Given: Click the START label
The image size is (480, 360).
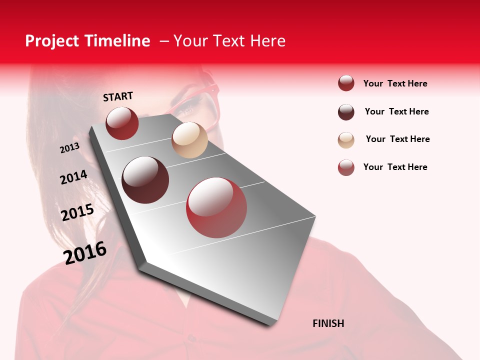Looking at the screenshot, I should (118, 96).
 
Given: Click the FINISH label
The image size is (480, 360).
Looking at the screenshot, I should (328, 323).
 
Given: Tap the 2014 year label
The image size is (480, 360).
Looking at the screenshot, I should (73, 177).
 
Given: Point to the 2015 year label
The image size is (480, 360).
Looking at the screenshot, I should (77, 212).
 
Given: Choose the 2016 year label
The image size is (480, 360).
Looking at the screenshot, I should (85, 252).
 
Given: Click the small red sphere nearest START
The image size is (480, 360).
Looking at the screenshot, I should (122, 123).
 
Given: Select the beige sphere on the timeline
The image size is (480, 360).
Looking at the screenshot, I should (189, 140).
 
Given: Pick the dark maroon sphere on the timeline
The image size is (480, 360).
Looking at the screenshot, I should (145, 180).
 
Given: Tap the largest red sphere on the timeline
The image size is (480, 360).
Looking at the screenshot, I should (216, 207).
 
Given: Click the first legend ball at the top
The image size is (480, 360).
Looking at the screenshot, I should (346, 83).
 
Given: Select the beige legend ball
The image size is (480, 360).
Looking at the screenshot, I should (346, 140).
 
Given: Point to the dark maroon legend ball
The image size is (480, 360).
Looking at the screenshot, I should (346, 112).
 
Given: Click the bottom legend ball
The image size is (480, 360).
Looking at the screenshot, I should (346, 167).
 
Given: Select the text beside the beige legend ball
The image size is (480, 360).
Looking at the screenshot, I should (397, 139).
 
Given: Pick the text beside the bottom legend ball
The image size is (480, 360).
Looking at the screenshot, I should (395, 167).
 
